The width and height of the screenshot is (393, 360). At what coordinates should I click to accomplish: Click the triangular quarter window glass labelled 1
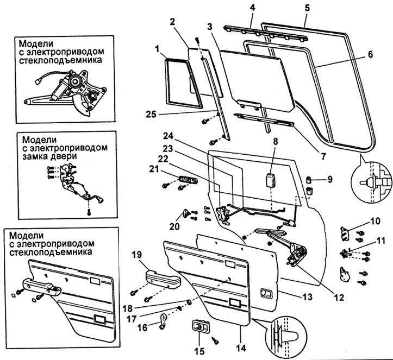[x=179, y=81]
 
